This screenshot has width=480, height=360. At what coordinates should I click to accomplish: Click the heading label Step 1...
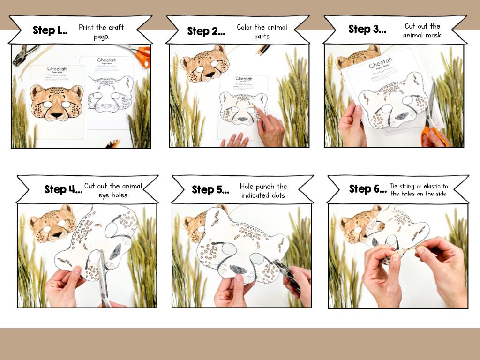click(x=50, y=30)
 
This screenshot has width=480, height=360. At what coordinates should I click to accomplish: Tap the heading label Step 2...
click(x=206, y=31)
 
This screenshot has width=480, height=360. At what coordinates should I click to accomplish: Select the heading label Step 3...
click(x=367, y=29)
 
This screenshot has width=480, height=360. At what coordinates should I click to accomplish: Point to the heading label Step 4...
click(x=63, y=189)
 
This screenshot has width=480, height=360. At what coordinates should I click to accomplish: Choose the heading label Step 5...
click(x=210, y=189)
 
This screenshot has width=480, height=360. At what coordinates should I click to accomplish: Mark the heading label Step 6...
click(x=367, y=189)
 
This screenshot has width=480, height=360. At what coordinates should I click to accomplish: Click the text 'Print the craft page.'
click(x=101, y=32)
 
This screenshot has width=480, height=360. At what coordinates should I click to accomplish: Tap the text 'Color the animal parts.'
click(x=262, y=31)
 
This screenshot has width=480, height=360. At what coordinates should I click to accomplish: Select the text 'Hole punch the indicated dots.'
click(x=263, y=191)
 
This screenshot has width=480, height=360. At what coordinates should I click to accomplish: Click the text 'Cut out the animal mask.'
click(x=422, y=30)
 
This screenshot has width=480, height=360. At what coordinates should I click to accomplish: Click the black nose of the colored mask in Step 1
click(x=56, y=114)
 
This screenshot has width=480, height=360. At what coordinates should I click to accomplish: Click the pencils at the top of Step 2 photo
click(x=263, y=49)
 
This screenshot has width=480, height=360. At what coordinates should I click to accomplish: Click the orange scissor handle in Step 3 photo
click(x=427, y=135)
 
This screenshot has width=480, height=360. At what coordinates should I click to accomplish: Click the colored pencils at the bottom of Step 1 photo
click(x=112, y=143)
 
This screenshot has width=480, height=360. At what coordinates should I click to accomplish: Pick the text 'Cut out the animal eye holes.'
click(x=113, y=190)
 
